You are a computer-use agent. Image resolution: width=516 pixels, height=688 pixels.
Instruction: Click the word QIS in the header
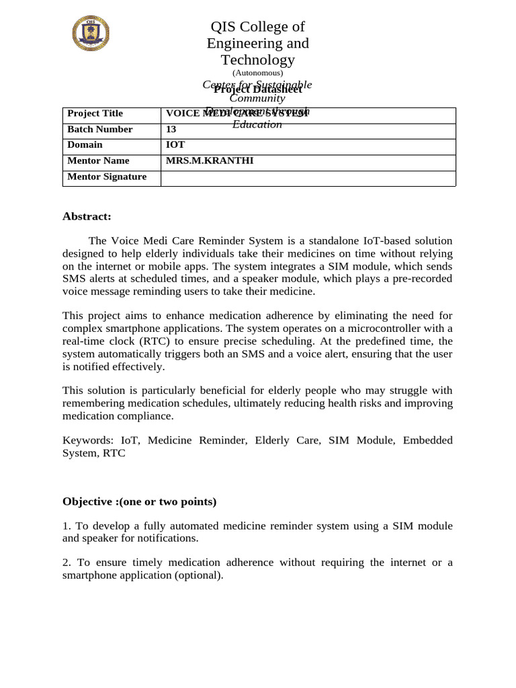click(225, 27)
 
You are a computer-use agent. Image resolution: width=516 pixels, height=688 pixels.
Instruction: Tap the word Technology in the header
click(258, 60)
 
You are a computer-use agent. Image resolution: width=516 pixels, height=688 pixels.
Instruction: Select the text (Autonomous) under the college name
click(258, 73)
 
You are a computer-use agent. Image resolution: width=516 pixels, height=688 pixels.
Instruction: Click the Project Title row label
click(95, 114)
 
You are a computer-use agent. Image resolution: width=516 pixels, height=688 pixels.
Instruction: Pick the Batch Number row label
click(100, 129)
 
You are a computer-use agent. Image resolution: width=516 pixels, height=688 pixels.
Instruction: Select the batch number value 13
click(171, 129)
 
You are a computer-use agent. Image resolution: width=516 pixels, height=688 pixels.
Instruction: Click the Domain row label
click(85, 144)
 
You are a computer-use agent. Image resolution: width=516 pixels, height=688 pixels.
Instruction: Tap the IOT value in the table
click(175, 144)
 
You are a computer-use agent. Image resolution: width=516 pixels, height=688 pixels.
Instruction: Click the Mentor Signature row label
click(107, 177)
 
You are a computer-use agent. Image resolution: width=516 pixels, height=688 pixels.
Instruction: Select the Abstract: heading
click(87, 216)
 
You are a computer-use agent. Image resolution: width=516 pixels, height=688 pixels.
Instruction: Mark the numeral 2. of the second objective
click(67, 562)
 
